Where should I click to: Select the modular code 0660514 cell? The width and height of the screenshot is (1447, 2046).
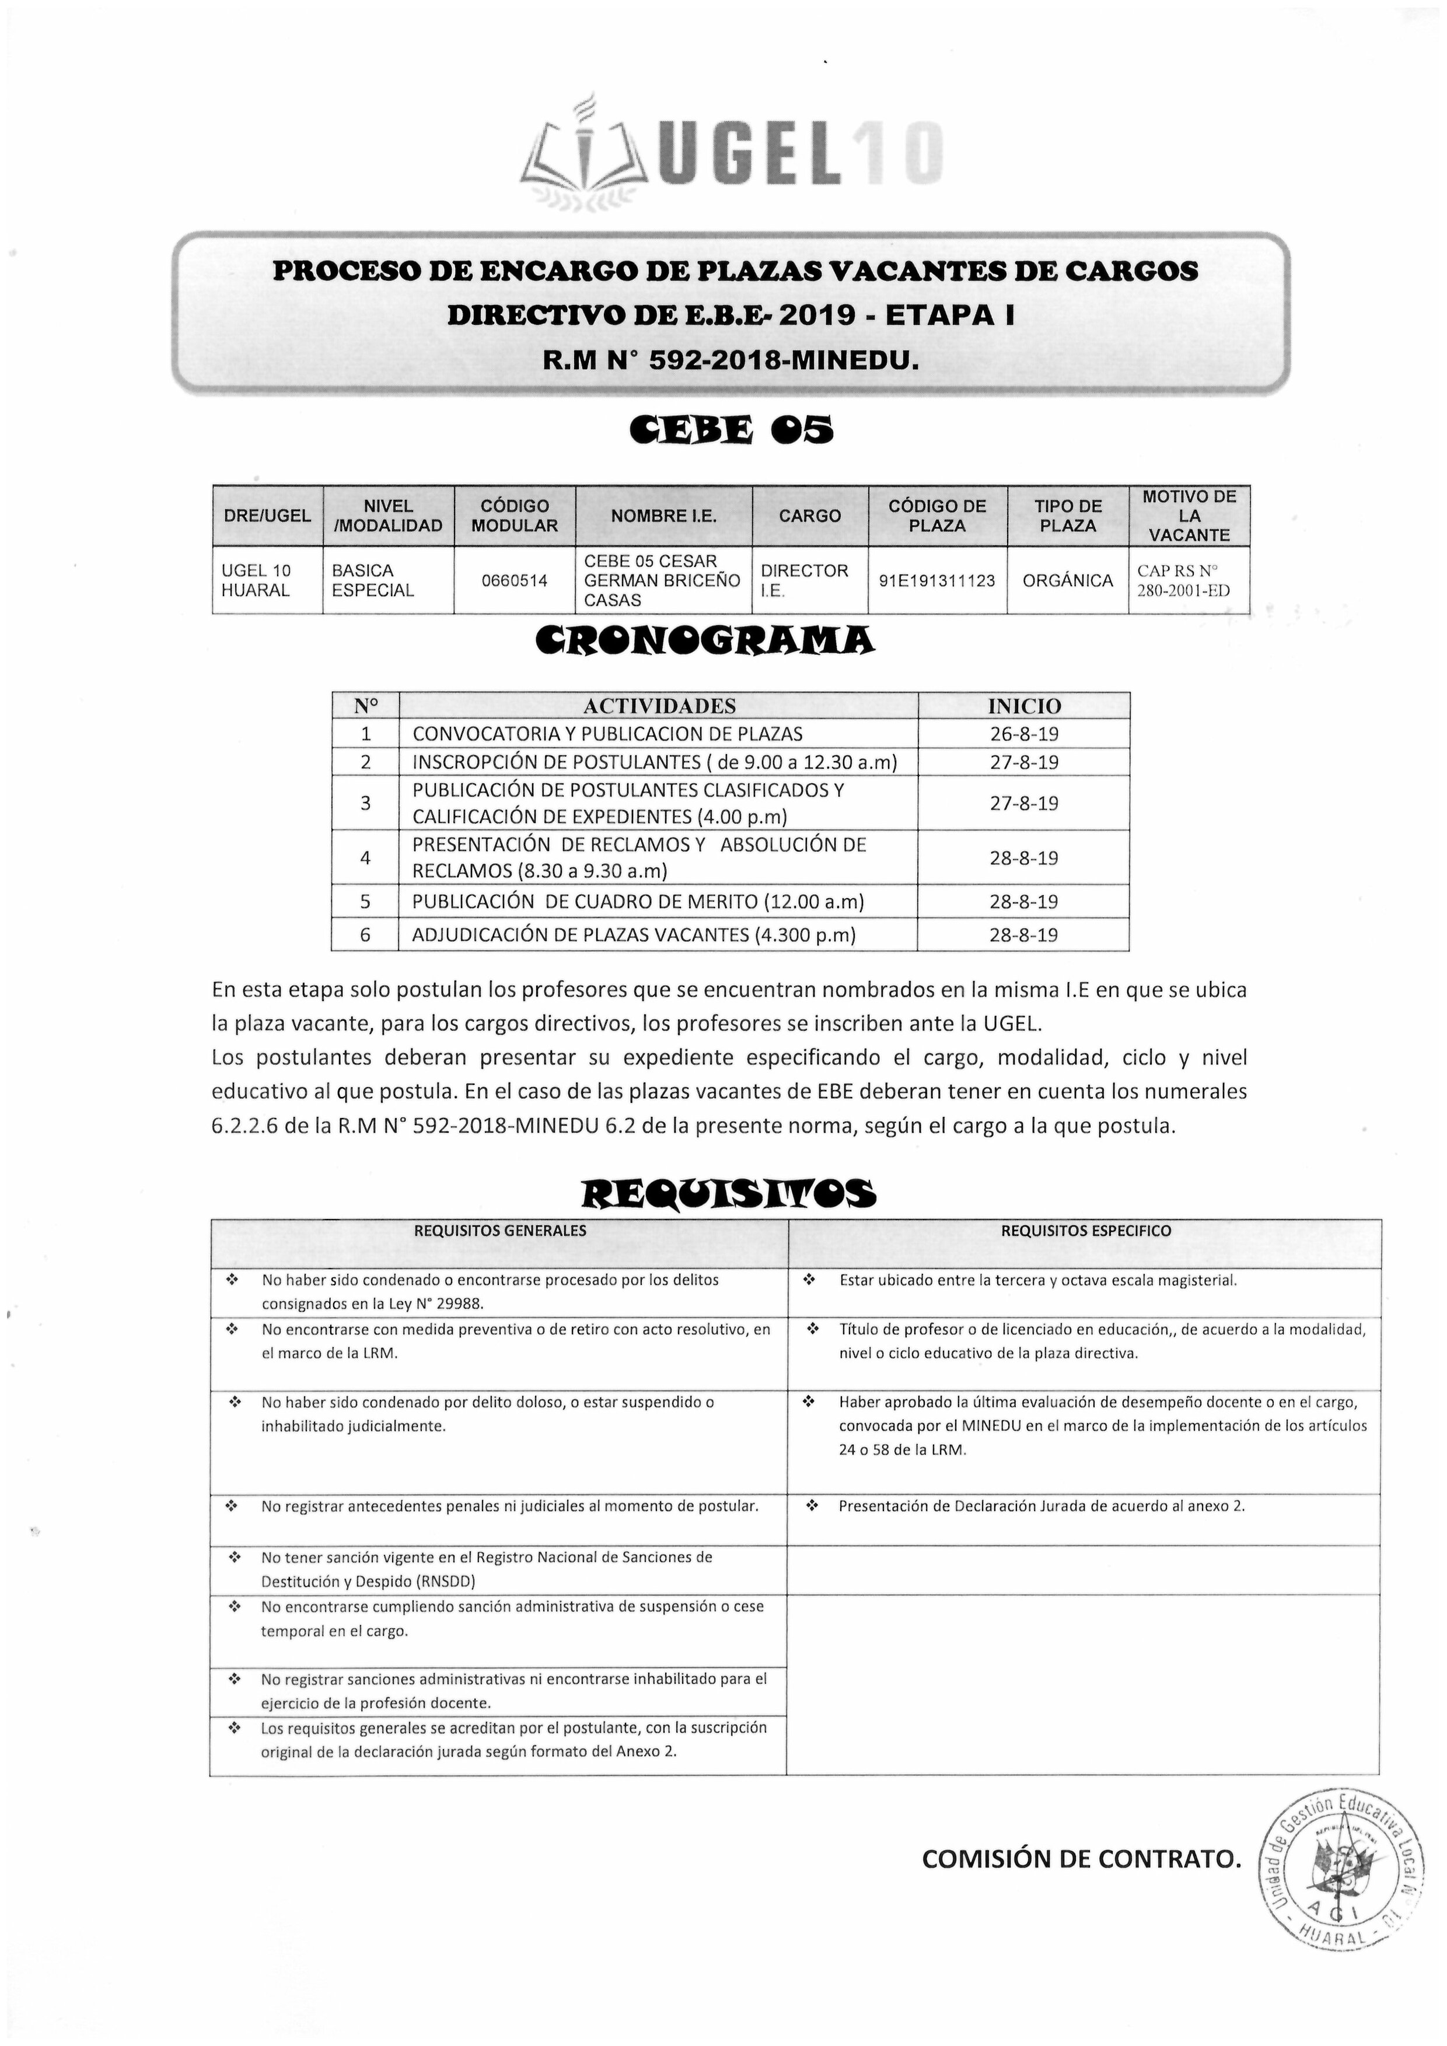(x=515, y=580)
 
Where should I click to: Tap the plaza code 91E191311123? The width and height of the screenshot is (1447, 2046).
(x=937, y=580)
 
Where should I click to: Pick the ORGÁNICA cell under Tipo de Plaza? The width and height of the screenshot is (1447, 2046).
(x=1067, y=580)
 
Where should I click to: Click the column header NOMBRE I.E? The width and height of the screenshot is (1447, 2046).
(x=663, y=516)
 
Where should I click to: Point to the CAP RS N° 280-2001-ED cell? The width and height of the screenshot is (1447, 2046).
(x=1189, y=580)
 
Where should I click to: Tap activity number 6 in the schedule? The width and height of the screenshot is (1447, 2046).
(x=365, y=935)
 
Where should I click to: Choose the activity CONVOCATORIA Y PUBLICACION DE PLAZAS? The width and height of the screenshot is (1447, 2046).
(x=607, y=734)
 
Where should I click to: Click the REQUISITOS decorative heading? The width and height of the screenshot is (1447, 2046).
(x=728, y=1192)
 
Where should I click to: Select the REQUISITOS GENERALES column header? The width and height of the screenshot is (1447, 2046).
(x=500, y=1231)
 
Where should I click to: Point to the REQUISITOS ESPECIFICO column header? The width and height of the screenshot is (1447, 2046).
(x=1085, y=1231)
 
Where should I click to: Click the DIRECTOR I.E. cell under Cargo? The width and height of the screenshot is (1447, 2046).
(x=804, y=580)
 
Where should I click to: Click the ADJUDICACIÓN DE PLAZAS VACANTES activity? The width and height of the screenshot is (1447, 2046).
(x=633, y=935)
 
